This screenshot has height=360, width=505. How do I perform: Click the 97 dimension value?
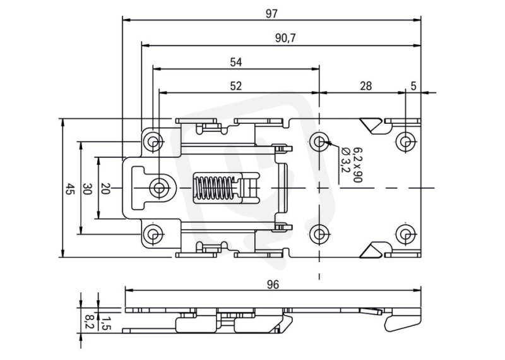pyautogui.click(x=271, y=13)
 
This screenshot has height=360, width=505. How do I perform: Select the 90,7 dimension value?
pyautogui.click(x=285, y=38)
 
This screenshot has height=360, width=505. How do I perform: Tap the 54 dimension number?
pyautogui.click(x=235, y=62)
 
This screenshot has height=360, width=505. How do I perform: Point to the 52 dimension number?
pyautogui.click(x=235, y=86)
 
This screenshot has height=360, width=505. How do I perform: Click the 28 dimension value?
pyautogui.click(x=366, y=86)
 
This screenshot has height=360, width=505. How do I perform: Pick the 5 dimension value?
pyautogui.click(x=413, y=86)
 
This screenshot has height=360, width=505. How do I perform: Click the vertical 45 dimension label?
pyautogui.click(x=69, y=189)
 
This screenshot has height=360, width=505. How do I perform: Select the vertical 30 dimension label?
pyautogui.click(x=87, y=189)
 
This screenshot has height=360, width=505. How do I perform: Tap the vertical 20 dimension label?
pyautogui.click(x=105, y=189)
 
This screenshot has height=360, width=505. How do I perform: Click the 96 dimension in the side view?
pyautogui.click(x=273, y=285)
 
